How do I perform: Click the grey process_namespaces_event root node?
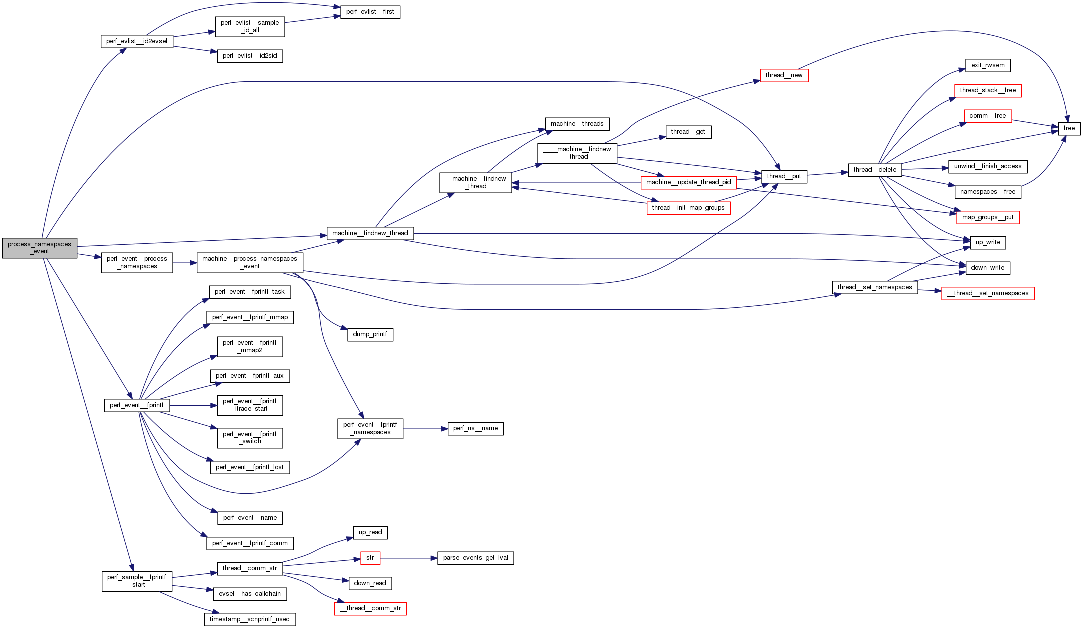40,248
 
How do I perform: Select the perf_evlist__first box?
370,12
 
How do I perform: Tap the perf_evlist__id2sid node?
250,56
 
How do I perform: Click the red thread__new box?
784,75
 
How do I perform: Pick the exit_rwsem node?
988,65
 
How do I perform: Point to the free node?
1069,128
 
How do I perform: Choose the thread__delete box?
875,170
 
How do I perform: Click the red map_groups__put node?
988,217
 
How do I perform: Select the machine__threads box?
577,124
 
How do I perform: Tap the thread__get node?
688,132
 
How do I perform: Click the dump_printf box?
370,334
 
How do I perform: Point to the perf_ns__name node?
475,428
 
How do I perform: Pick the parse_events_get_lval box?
475,558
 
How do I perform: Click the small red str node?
370,558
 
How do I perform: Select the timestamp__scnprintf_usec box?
250,619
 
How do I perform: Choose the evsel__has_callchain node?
250,594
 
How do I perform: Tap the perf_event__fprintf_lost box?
250,467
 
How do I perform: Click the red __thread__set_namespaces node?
988,293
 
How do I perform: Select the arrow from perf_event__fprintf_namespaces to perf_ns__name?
425,429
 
